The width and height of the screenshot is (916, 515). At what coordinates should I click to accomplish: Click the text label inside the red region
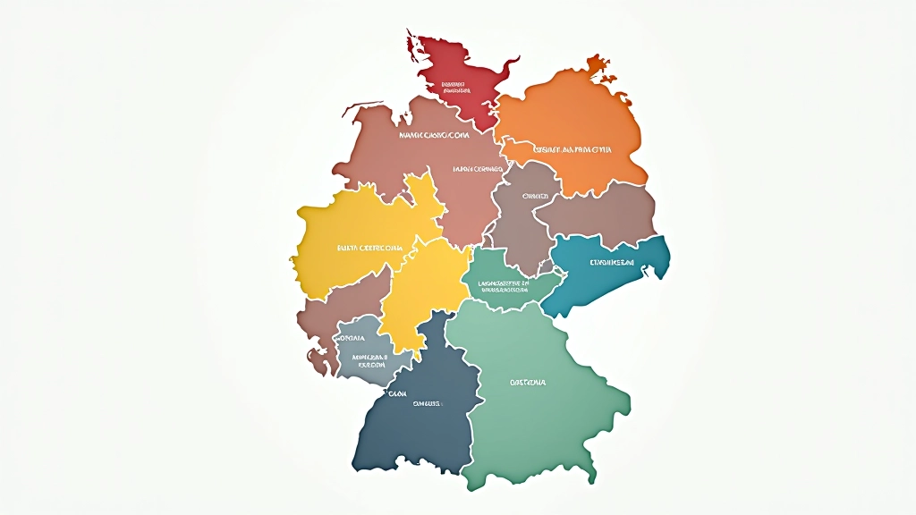click(455, 88)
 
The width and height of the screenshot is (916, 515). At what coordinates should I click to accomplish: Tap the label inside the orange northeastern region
click(572, 149)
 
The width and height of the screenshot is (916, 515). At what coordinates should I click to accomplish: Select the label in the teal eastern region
click(612, 263)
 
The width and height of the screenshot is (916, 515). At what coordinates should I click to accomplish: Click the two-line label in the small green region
click(505, 286)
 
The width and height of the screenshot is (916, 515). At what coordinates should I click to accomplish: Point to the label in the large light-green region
click(528, 383)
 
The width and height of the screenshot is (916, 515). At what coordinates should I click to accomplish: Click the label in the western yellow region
click(369, 248)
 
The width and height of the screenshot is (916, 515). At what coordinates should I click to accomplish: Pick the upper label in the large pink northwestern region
click(434, 136)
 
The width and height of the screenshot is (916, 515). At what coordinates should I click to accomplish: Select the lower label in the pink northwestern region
click(479, 167)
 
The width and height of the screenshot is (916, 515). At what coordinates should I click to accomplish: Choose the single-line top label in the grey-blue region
click(352, 339)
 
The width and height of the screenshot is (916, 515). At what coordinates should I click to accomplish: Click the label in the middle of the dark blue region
click(426, 403)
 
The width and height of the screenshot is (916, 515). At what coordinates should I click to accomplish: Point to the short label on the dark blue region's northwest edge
click(396, 393)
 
